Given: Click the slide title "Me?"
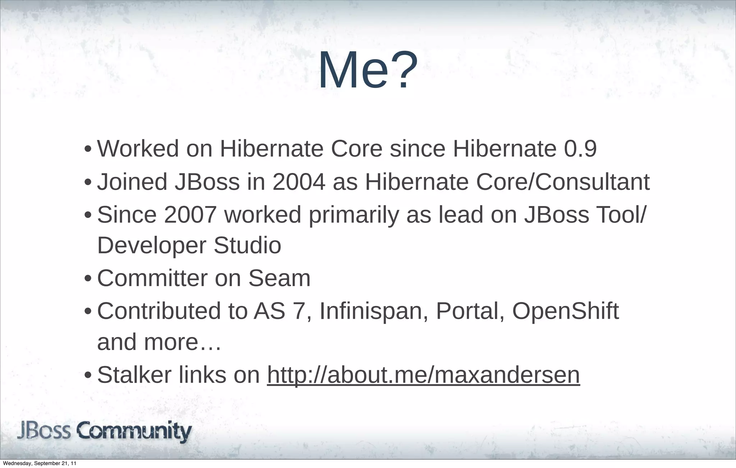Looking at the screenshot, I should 368,70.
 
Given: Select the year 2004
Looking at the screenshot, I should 299,182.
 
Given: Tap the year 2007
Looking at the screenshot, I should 190,215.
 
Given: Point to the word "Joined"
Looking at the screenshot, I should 132,182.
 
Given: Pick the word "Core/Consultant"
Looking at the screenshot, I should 563,182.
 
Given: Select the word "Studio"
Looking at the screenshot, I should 247,245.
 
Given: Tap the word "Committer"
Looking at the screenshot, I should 152,278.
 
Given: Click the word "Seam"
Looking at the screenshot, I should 279,278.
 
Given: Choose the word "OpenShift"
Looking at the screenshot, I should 565,311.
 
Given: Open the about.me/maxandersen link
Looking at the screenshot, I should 423,375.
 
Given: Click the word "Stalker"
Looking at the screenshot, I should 134,375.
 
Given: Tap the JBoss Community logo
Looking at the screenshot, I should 105,432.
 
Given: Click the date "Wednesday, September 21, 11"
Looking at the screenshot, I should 40,464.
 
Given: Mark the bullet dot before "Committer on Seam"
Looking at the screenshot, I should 88,279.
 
